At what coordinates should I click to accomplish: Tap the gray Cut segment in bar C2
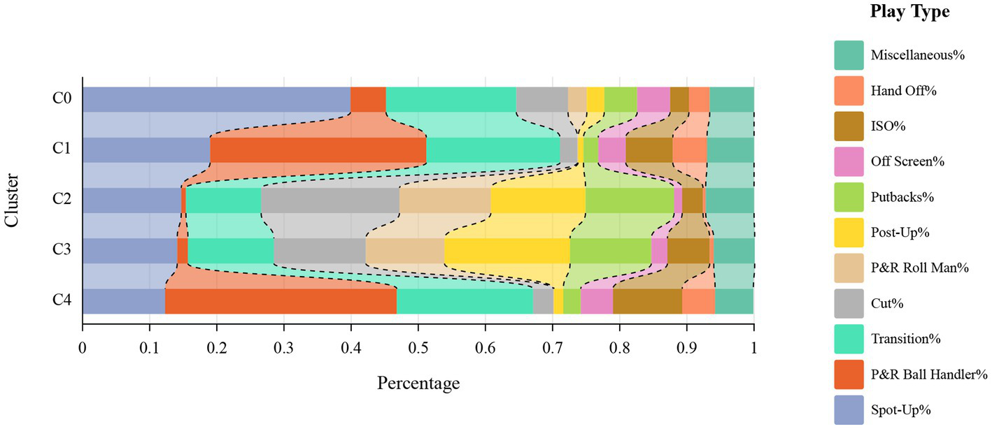[x=295, y=200]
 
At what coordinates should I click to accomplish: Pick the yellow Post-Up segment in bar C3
[x=476, y=250]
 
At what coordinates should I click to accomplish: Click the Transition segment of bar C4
[x=465, y=300]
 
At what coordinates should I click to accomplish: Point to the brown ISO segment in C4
[x=647, y=300]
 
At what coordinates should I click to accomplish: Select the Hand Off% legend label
[x=904, y=90]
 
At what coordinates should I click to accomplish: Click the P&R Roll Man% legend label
[x=919, y=268]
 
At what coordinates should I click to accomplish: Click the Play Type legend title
[x=910, y=12]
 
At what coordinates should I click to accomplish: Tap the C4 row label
[x=62, y=300]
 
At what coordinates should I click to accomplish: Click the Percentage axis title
[x=418, y=383]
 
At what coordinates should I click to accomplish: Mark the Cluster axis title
[x=12, y=200]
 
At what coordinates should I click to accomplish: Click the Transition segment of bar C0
[x=451, y=99]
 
